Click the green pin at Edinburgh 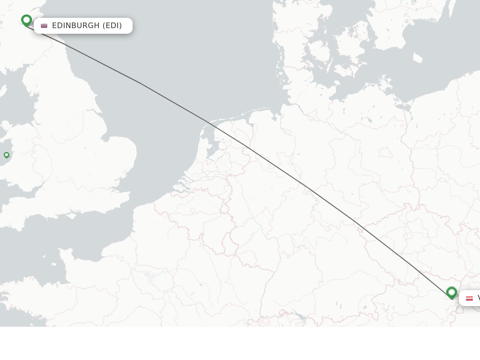click(26, 20)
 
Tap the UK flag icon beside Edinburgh click(44, 26)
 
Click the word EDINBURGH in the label click(76, 26)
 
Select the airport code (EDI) click(112, 26)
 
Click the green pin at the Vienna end click(451, 292)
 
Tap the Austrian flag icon click(469, 298)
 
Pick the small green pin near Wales click(7, 155)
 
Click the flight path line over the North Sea click(141, 83)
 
